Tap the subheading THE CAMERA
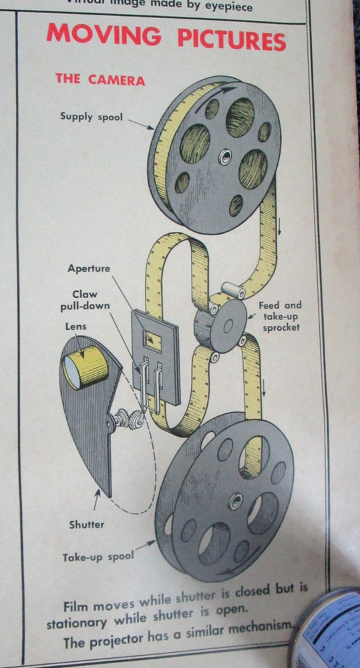tap(100, 79)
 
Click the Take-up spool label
tap(98, 556)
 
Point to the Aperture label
tap(89, 269)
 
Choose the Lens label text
tap(75, 328)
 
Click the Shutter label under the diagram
tap(87, 524)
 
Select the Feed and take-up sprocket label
tap(280, 316)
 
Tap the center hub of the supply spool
tap(224, 157)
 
